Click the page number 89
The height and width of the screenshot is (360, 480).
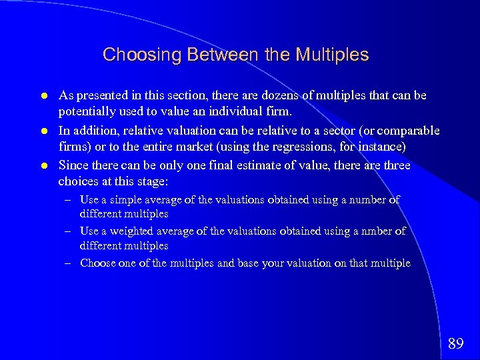[456, 344]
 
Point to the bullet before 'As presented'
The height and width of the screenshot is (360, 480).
[44, 96]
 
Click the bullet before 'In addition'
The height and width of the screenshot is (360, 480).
[44, 131]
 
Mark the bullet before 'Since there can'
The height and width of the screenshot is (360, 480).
[44, 165]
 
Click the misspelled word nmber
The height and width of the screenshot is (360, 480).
[377, 231]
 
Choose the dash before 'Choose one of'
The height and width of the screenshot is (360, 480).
[68, 263]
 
